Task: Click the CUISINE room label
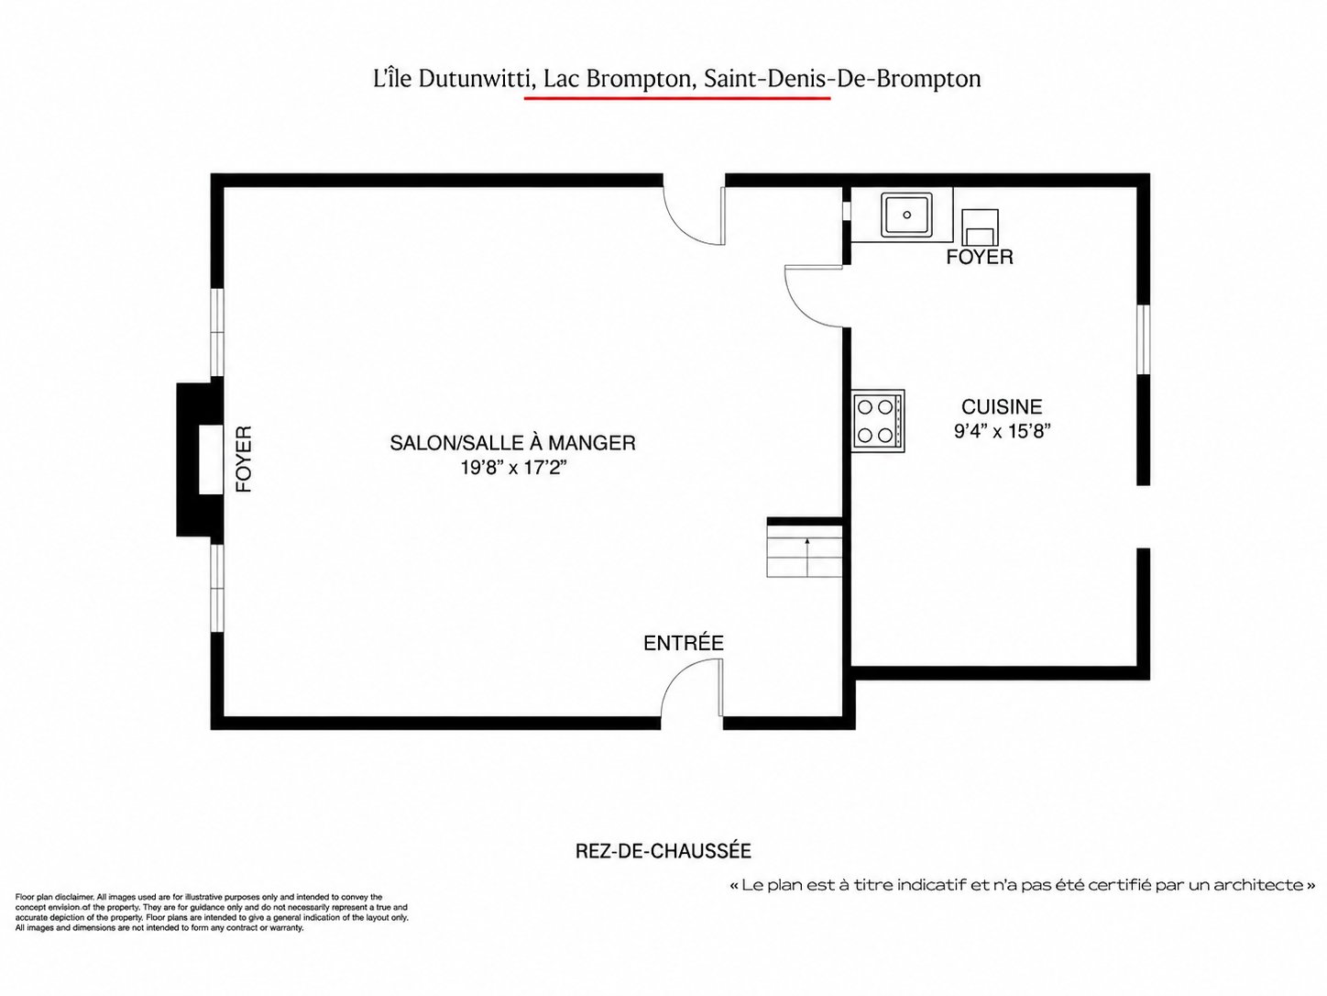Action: (x=1002, y=406)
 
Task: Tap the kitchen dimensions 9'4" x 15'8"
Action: (x=1003, y=431)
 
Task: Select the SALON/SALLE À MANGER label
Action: (x=512, y=443)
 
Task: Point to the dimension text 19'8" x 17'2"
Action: (x=513, y=468)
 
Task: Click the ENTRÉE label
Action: (x=683, y=642)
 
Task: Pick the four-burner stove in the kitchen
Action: (x=879, y=420)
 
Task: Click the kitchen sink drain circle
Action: (x=907, y=215)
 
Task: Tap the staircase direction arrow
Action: (x=807, y=557)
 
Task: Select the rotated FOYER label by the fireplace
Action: (x=243, y=459)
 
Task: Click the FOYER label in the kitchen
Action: (x=980, y=257)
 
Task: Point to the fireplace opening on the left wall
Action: (x=211, y=459)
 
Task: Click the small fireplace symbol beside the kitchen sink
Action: (x=980, y=227)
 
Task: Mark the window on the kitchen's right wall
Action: (x=1143, y=339)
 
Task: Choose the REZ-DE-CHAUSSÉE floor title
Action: (x=663, y=851)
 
